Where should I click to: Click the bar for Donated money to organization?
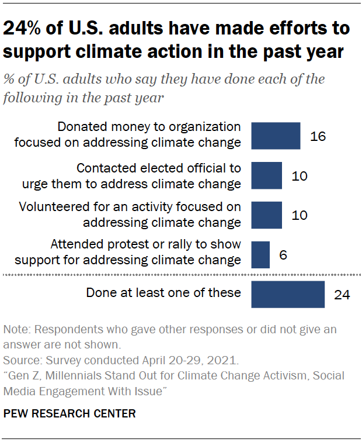276,136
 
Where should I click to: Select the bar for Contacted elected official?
266,176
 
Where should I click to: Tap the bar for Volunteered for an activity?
266,215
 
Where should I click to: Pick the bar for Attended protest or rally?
260,254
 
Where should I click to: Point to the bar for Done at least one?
288,294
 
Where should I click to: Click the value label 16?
318,137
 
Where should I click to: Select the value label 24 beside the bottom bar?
342,295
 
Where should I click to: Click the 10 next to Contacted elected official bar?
300,177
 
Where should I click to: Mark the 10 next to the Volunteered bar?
300,216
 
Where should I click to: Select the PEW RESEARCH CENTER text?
69,414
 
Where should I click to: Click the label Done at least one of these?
163,292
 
